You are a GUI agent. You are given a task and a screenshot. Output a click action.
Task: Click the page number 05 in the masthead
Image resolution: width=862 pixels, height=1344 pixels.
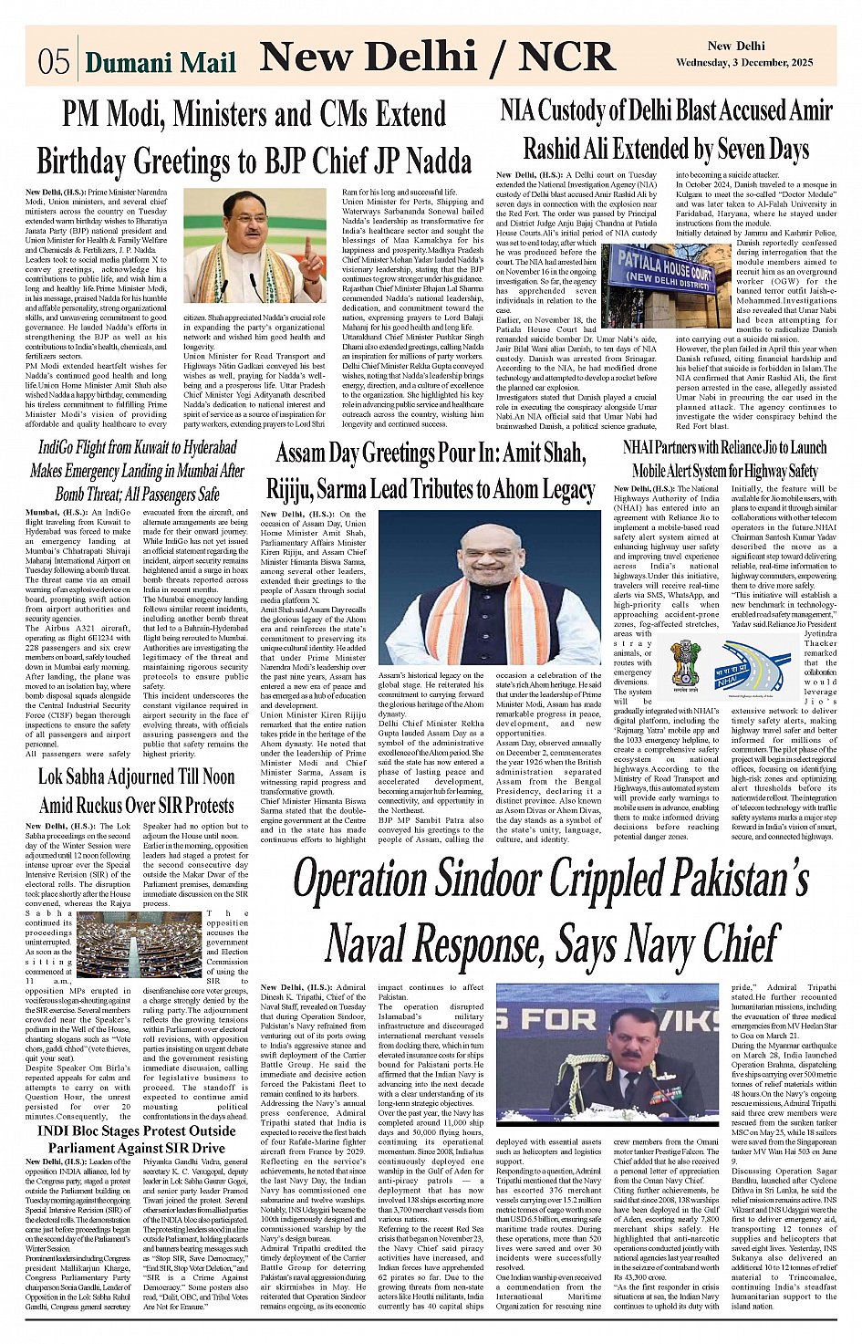(54, 61)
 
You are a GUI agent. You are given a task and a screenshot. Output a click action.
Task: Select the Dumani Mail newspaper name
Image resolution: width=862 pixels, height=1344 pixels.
(160, 61)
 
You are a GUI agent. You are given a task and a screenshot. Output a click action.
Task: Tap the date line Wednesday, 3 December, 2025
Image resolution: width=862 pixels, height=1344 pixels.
(743, 63)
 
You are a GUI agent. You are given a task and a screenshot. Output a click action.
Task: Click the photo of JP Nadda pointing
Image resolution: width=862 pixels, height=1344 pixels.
(254, 246)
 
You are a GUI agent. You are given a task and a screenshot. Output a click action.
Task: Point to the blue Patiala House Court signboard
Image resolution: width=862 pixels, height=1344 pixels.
(663, 271)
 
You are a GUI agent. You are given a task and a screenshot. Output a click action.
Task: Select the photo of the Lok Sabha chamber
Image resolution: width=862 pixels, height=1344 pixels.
(139, 944)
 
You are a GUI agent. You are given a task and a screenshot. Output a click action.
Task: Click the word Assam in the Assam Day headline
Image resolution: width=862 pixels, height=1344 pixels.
(306, 453)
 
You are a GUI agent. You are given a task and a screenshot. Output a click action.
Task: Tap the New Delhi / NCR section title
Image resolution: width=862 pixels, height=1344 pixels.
(436, 57)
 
